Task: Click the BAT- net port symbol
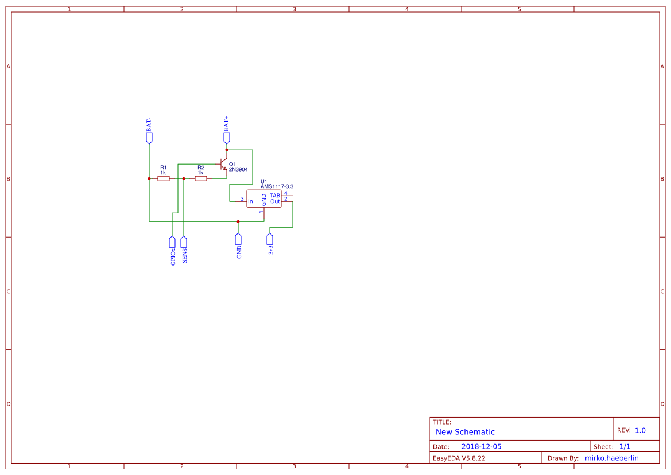(149, 138)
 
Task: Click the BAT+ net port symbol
(227, 138)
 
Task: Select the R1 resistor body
(164, 178)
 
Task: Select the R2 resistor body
(201, 178)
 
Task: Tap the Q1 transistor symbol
(223, 165)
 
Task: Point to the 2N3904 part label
(238, 170)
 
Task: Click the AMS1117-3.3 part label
(277, 186)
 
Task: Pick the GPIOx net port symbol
(172, 242)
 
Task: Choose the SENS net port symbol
(184, 242)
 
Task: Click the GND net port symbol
(238, 239)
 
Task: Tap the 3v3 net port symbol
(270, 239)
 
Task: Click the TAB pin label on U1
(275, 196)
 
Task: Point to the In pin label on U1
(250, 201)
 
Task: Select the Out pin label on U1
(275, 201)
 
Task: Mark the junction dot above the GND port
(238, 221)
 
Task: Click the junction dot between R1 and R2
(184, 178)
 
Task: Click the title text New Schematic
(465, 432)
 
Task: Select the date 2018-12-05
(481, 446)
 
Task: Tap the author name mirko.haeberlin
(611, 458)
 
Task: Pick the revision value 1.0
(640, 430)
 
